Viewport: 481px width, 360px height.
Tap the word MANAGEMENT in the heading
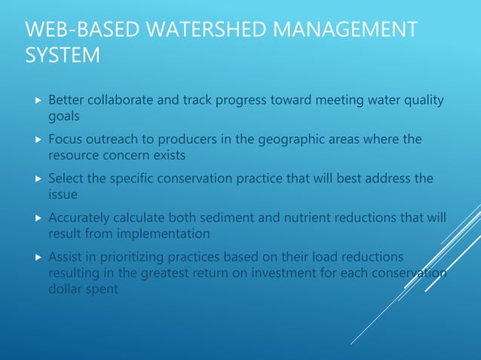(x=343, y=32)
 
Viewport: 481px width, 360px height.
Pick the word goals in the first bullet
(x=64, y=117)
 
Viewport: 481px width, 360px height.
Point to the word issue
(x=62, y=194)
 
